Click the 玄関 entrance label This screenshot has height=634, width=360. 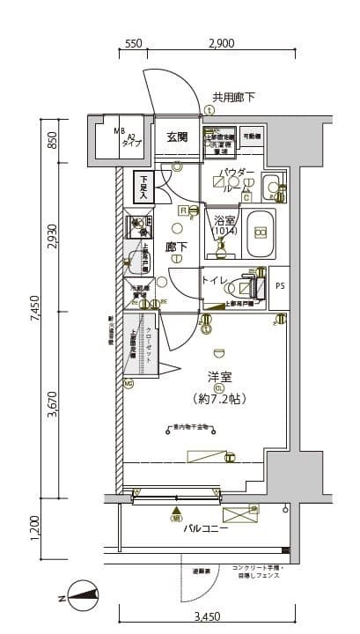click(x=177, y=136)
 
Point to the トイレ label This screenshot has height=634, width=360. click(x=217, y=281)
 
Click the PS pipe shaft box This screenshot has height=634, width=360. click(x=280, y=285)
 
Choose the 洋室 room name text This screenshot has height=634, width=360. click(x=219, y=376)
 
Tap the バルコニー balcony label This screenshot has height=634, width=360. click(x=206, y=530)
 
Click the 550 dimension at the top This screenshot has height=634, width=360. click(x=134, y=43)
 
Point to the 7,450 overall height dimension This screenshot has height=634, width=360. click(x=33, y=311)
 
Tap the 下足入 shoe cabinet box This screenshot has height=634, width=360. click(x=142, y=187)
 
